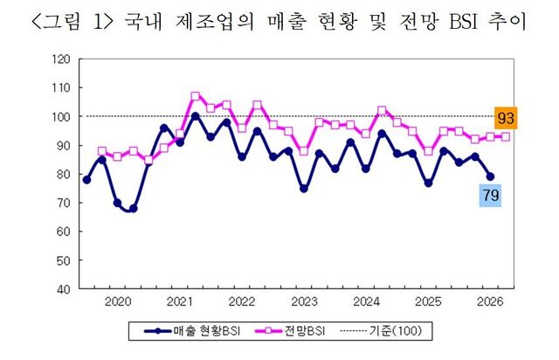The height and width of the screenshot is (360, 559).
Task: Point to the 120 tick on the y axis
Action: (60, 59)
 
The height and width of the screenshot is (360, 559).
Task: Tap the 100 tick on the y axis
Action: (60, 116)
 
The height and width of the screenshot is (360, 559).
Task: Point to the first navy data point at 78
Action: (86, 179)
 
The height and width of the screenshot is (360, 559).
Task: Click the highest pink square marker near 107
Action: (195, 96)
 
